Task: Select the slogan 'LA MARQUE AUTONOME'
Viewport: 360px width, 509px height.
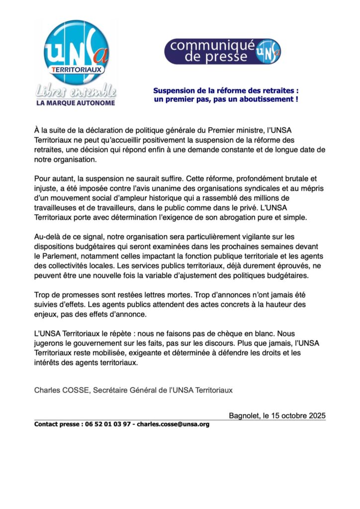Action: click(76, 103)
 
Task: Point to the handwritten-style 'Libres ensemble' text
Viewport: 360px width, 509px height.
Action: click(76, 91)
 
